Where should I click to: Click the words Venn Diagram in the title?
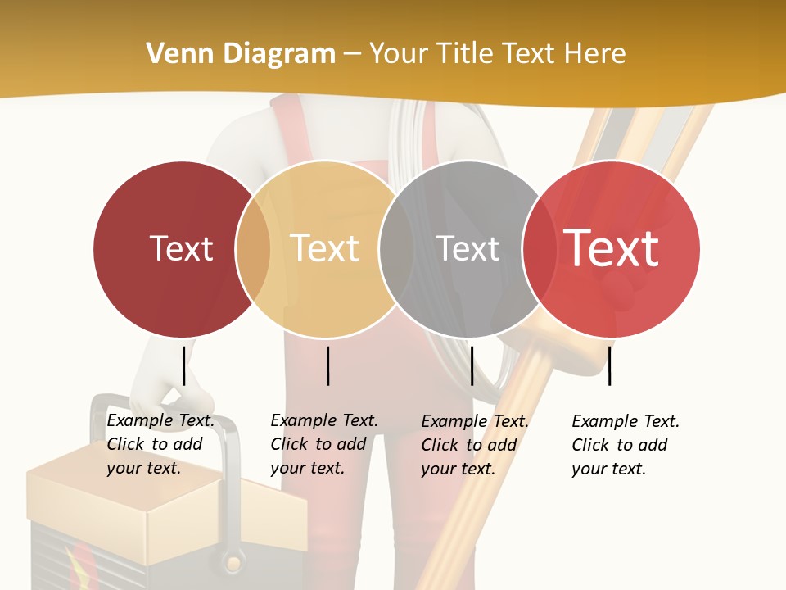pos(241,54)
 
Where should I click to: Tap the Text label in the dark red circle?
pos(181,248)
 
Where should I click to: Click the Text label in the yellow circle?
pos(325,248)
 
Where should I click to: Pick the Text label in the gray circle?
pos(468,248)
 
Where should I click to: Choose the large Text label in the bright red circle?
pos(612,248)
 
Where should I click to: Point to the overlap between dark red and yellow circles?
pos(253,249)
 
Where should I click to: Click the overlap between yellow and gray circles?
pos(396,249)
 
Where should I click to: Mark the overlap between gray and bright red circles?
pos(539,249)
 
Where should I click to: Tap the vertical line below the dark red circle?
pos(183,365)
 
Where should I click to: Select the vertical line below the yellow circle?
pos(327,365)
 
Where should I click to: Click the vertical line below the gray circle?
pos(472,365)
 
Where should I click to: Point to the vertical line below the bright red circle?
pos(609,365)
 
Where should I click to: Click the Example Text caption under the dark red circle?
pos(160,444)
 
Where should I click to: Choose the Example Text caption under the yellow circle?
pos(323,444)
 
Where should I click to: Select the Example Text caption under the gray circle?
pos(474,445)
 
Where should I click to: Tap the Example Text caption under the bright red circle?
pos(625,445)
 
